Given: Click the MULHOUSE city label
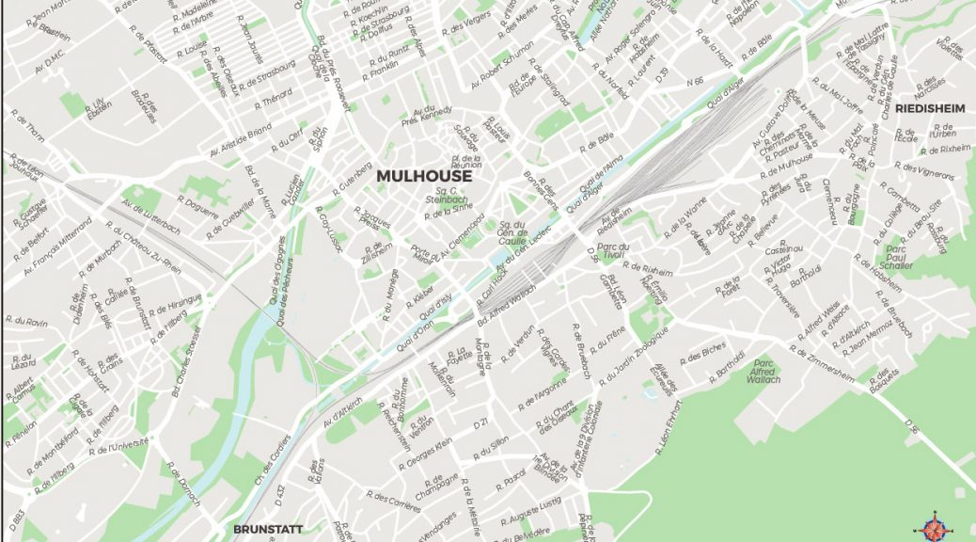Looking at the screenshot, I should point(423,176).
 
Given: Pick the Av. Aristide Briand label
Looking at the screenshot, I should point(241,140).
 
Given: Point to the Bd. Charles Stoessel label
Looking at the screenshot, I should point(187,363).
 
